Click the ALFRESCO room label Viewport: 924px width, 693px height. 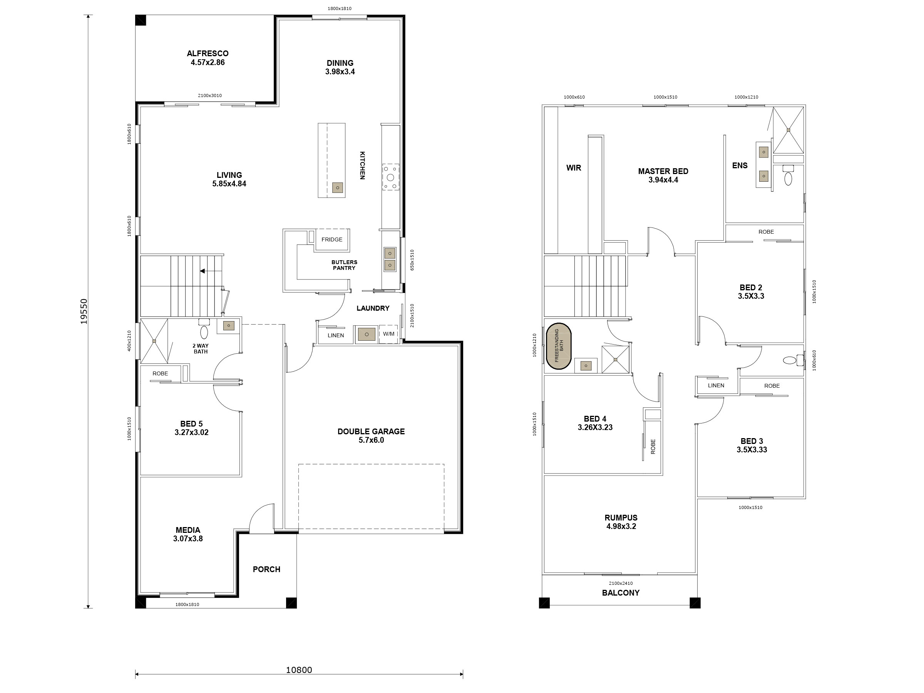(208, 54)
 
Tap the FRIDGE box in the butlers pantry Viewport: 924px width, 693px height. (331, 239)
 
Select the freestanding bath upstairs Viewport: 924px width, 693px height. (559, 346)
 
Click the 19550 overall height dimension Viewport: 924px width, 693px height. (84, 311)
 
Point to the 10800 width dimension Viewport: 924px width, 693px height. (299, 670)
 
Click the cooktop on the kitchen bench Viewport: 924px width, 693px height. (390, 177)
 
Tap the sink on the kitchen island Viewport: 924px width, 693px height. (338, 187)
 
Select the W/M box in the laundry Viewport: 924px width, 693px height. (388, 334)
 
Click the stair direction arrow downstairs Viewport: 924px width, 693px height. (203, 271)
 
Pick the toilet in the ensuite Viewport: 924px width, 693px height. (788, 179)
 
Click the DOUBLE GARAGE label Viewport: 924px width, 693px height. (371, 432)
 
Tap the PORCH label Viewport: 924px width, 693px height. (266, 569)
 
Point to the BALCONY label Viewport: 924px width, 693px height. (620, 593)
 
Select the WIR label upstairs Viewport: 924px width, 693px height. (574, 168)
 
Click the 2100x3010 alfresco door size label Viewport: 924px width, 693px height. (210, 95)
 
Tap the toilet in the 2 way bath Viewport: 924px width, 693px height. (204, 332)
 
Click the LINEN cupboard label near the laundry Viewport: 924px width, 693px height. (335, 335)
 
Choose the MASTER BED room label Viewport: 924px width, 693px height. (663, 171)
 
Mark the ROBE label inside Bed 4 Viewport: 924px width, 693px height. (653, 447)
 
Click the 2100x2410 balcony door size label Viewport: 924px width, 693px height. (620, 583)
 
